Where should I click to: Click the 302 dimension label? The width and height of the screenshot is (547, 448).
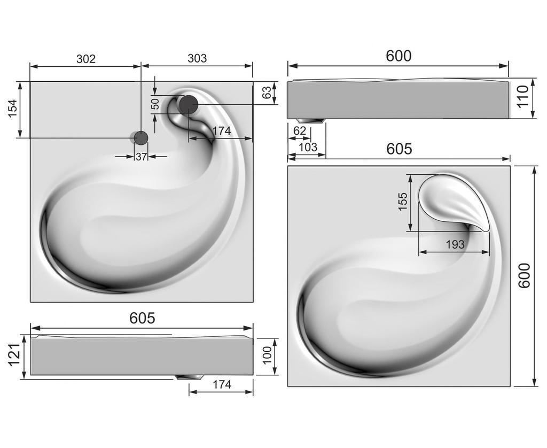[85, 59]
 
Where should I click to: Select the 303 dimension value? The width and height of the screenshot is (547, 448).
[197, 58]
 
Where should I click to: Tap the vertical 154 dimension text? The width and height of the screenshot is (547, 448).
[12, 109]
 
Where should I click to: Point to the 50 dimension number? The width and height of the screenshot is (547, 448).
[155, 104]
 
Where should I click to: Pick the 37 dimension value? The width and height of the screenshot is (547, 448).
[141, 157]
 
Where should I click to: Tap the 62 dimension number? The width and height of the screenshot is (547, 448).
[300, 130]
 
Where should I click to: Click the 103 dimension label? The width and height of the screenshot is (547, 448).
[308, 147]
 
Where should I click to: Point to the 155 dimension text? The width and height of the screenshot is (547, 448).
[403, 202]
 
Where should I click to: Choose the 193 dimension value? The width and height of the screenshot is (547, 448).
[455, 244]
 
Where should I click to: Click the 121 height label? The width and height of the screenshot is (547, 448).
[13, 355]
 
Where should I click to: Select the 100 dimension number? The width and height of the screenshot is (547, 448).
[267, 355]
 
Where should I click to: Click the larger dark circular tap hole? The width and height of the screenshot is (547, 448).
[188, 104]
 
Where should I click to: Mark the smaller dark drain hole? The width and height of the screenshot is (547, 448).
[141, 138]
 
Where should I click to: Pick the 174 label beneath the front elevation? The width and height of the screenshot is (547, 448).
[221, 384]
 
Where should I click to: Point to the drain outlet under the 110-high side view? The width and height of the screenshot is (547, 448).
[310, 121]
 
